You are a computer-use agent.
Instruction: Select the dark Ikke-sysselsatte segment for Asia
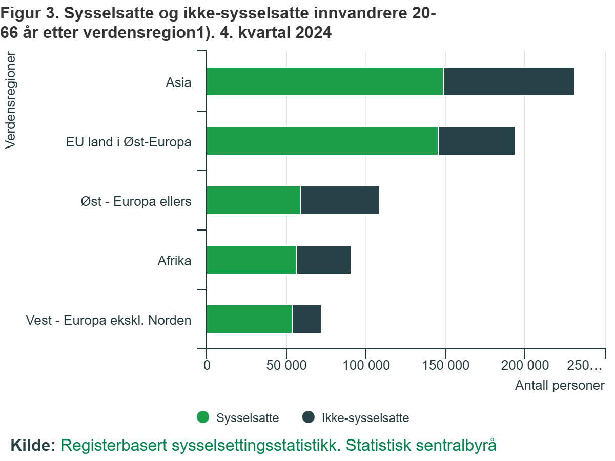[x=508, y=81]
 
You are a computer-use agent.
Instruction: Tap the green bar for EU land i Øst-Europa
[x=322, y=141]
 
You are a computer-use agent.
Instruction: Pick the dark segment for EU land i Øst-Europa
[x=476, y=141]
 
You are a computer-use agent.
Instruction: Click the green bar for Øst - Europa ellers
[x=253, y=200]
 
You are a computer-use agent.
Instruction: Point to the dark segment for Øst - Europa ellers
[x=340, y=200]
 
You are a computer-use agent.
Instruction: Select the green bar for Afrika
[x=251, y=260]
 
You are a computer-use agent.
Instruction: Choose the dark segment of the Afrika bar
[x=323, y=260]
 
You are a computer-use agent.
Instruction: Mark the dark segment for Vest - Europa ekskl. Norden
[x=306, y=319]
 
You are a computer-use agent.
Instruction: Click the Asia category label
[x=178, y=82]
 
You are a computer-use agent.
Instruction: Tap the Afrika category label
[x=174, y=261]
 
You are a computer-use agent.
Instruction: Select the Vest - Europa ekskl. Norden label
[x=109, y=320]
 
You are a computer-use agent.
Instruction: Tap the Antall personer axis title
[x=560, y=385]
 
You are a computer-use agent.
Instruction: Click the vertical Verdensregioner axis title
[x=10, y=100]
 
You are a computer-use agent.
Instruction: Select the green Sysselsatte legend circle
[x=203, y=417]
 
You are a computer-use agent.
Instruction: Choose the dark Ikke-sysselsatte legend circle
[x=308, y=417]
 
